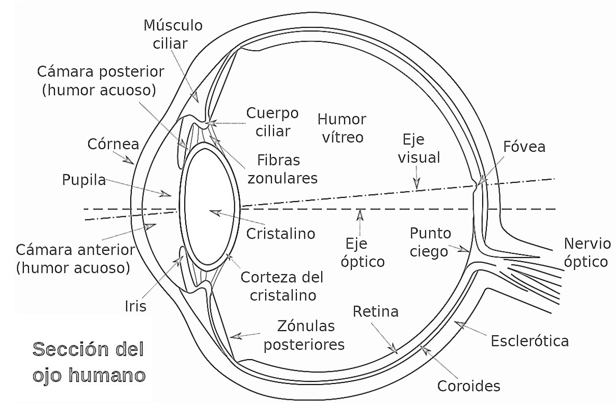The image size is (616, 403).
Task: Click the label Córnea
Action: pyautogui.click(x=113, y=144)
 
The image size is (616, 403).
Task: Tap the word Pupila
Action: pyautogui.click(x=84, y=180)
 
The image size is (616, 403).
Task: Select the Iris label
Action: pyautogui.click(x=135, y=306)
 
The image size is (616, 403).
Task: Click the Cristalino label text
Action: pyautogui.click(x=280, y=234)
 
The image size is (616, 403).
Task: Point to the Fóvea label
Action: pyautogui.click(x=524, y=146)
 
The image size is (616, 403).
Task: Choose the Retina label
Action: pyautogui.click(x=376, y=312)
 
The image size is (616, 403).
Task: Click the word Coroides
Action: pyautogui.click(x=469, y=386)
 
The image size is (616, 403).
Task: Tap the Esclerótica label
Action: pyautogui.click(x=530, y=341)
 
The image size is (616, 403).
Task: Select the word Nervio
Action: pyautogui.click(x=587, y=243)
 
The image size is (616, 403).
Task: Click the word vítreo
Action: pyautogui.click(x=342, y=137)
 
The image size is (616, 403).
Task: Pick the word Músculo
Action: pyautogui.click(x=173, y=25)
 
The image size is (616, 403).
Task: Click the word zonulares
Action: pyautogui.click(x=283, y=178)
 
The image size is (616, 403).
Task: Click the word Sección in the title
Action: pyautogui.click(x=88, y=349)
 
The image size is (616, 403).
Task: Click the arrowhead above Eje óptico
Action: pyautogui.click(x=360, y=215)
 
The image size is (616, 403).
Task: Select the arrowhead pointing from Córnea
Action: pyautogui.click(x=128, y=160)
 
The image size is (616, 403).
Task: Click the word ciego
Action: pyautogui.click(x=429, y=252)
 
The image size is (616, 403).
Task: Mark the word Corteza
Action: pyautogui.click(x=266, y=277)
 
